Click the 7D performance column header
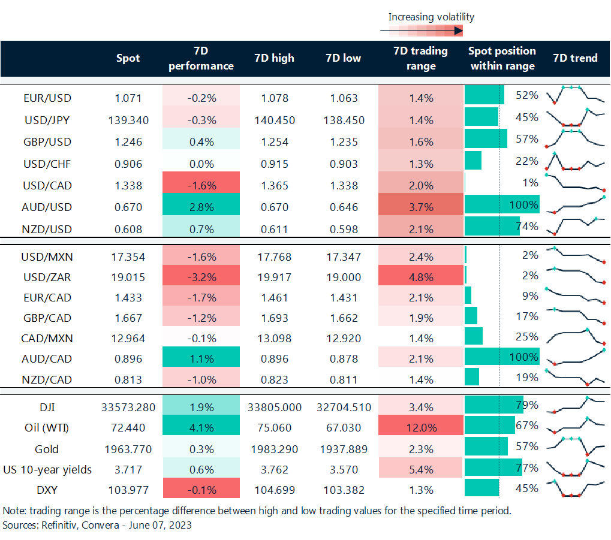click(201, 58)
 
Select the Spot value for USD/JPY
click(127, 120)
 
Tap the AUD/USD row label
click(47, 207)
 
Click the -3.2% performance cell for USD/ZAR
click(201, 278)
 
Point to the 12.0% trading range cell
click(421, 428)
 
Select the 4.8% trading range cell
click(421, 278)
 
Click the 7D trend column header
click(575, 58)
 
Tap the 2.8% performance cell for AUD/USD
click(201, 207)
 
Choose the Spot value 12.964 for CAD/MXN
click(127, 338)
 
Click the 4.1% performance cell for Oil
click(201, 428)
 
